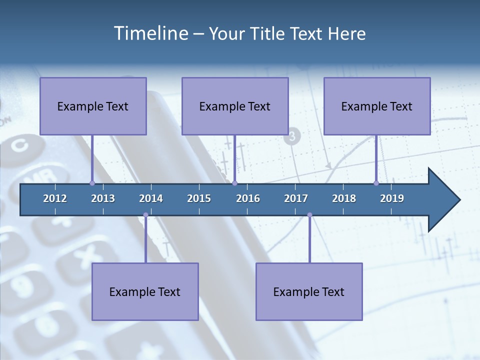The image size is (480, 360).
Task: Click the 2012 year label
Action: [x=55, y=198]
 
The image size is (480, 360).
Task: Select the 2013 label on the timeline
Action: [x=103, y=198]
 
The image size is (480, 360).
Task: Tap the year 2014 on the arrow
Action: [x=151, y=198]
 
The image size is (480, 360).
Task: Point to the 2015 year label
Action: [x=199, y=198]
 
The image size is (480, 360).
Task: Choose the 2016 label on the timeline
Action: [x=248, y=198]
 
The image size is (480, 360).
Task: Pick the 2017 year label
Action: [x=296, y=198]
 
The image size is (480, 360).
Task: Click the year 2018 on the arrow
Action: [x=344, y=198]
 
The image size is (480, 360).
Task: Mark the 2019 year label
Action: [x=392, y=198]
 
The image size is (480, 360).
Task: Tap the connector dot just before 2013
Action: [x=92, y=183]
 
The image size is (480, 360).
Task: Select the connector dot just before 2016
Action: [x=234, y=183]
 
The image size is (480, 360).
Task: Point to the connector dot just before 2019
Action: [x=376, y=183]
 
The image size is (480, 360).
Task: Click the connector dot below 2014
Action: [x=145, y=215]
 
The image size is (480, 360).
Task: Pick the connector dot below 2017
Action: [x=309, y=215]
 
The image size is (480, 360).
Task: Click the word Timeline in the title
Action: [x=150, y=33]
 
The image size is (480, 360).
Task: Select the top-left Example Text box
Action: [x=93, y=106]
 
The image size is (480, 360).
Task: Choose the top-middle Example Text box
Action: [x=235, y=106]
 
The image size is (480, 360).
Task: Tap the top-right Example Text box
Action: [x=377, y=106]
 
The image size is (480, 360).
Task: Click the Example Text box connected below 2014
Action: [x=145, y=291]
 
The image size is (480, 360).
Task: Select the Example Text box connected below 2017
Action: [x=309, y=291]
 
